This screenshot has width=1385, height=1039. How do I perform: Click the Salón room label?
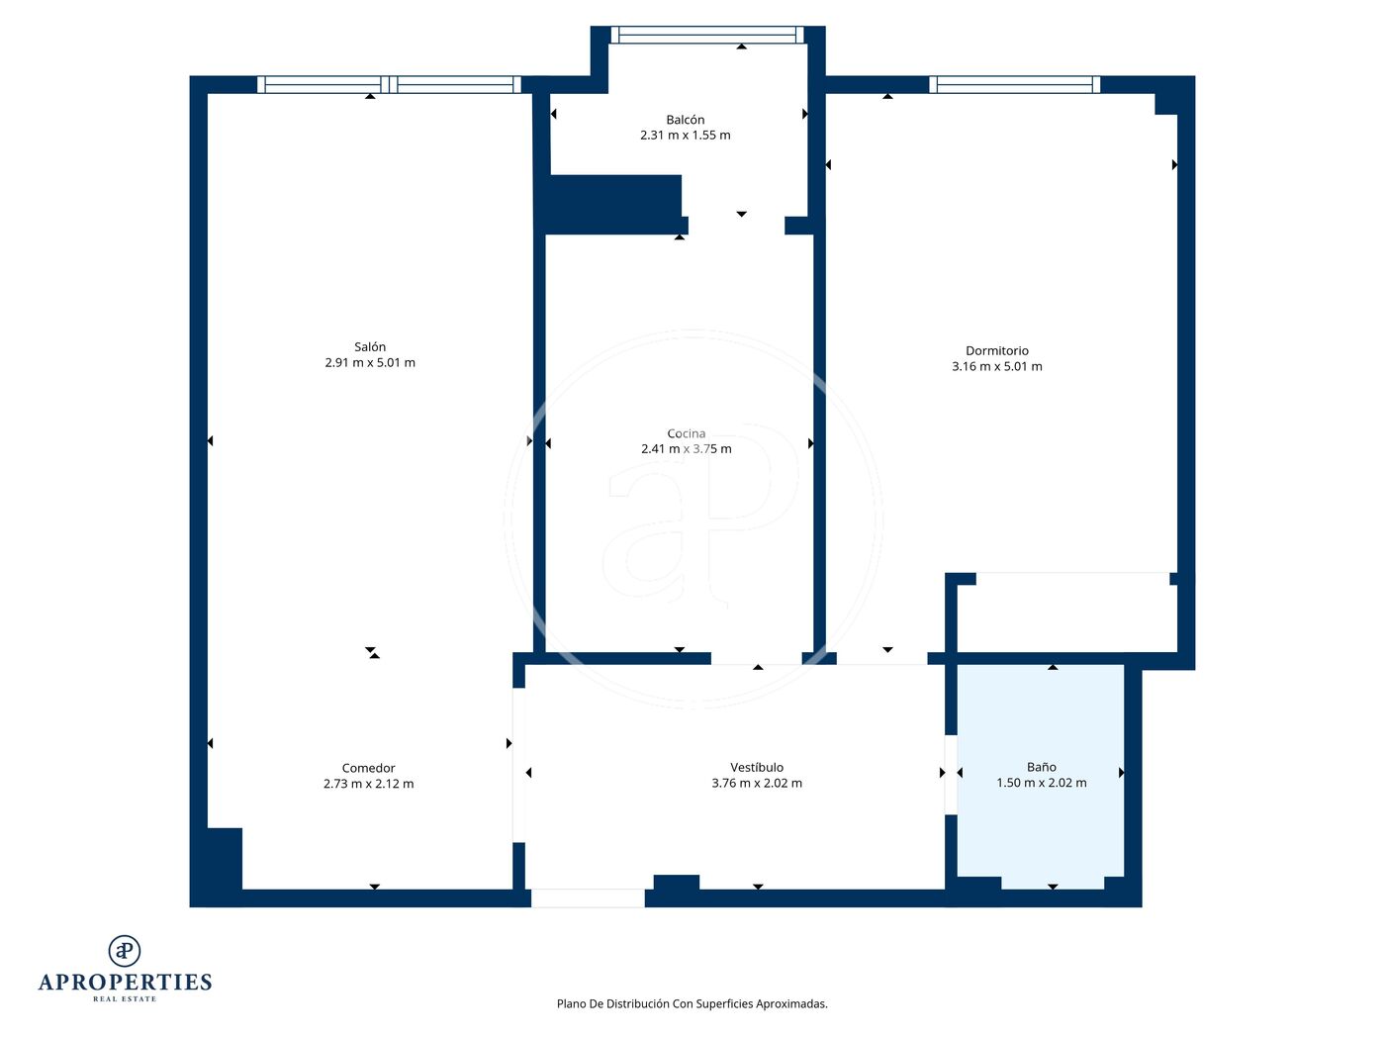(x=370, y=346)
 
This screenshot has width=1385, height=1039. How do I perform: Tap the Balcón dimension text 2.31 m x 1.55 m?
(x=686, y=135)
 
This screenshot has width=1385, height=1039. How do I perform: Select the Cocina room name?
(x=686, y=433)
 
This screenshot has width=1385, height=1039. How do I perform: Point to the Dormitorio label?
(x=997, y=350)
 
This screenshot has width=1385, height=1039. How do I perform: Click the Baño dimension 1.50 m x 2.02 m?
(x=1042, y=783)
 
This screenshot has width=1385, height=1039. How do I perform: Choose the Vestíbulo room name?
(x=757, y=767)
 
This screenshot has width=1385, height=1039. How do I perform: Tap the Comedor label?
(x=368, y=768)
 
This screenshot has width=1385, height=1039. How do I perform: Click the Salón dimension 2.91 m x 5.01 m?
(x=370, y=363)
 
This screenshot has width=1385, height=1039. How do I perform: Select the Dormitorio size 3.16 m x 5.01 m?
(x=997, y=366)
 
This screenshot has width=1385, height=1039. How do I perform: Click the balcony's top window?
(x=707, y=35)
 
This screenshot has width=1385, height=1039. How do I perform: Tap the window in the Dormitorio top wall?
(x=1015, y=84)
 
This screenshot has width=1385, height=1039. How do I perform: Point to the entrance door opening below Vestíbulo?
(x=588, y=897)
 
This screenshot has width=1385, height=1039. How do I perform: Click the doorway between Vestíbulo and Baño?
(x=951, y=775)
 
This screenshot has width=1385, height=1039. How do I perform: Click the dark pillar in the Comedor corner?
(x=225, y=859)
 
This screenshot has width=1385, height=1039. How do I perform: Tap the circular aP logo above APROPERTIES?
(x=125, y=950)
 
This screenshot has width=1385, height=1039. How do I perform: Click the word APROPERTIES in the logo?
(x=125, y=983)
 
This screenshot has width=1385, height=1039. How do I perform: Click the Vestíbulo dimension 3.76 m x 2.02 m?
(x=757, y=784)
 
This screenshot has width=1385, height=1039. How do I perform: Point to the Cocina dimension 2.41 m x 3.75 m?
(x=686, y=449)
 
